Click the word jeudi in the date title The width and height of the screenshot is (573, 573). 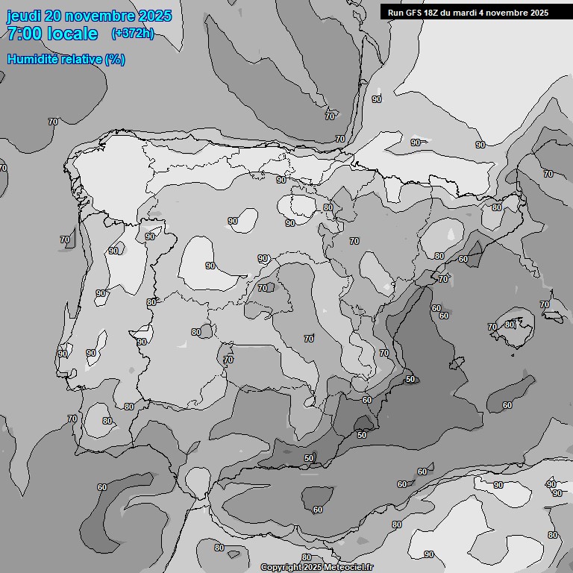(x=24, y=16)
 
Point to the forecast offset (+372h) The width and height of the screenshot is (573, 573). (x=132, y=34)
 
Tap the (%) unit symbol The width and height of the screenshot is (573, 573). (x=115, y=60)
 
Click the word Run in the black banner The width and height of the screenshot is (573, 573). (x=395, y=13)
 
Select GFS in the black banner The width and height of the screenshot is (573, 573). (x=413, y=13)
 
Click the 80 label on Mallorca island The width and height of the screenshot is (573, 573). (x=510, y=325)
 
